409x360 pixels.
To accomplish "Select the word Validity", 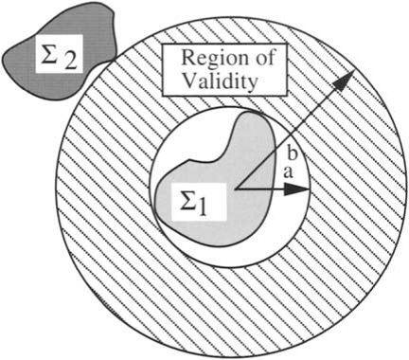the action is (220, 81).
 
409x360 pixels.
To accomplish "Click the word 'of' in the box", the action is (263, 58).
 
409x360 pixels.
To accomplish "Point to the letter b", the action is (292, 154).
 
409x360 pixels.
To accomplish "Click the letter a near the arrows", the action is (287, 172).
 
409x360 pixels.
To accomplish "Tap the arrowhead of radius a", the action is (296, 189).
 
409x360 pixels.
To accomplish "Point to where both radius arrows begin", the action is (236, 189).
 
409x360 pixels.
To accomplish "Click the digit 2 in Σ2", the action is (70, 61).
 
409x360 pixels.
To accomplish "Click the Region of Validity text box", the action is (224, 70).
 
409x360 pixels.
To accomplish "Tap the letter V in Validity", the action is (191, 81).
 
